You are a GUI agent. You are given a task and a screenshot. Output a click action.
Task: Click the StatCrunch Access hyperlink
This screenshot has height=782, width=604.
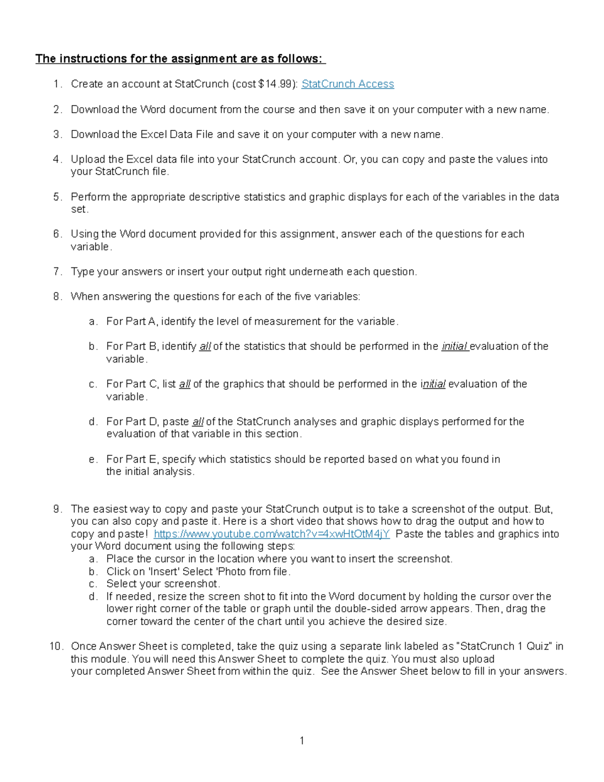coord(347,84)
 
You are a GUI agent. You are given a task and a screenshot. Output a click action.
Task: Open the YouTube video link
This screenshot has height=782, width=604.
coord(271,534)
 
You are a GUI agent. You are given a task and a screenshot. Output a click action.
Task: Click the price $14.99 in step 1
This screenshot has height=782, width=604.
coord(275,84)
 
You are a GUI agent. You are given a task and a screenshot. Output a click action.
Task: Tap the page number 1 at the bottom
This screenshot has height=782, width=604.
coord(301,740)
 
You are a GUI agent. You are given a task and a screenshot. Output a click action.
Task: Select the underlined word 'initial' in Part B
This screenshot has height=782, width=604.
coord(455,346)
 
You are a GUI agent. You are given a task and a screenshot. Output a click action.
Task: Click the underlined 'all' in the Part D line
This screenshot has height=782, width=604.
coord(198,421)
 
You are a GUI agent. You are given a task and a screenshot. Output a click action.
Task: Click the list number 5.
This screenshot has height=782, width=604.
coord(57,197)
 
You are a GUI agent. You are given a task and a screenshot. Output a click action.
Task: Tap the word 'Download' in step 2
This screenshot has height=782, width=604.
coord(95,110)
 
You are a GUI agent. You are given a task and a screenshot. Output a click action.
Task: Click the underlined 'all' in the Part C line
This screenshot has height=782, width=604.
coord(185,384)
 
